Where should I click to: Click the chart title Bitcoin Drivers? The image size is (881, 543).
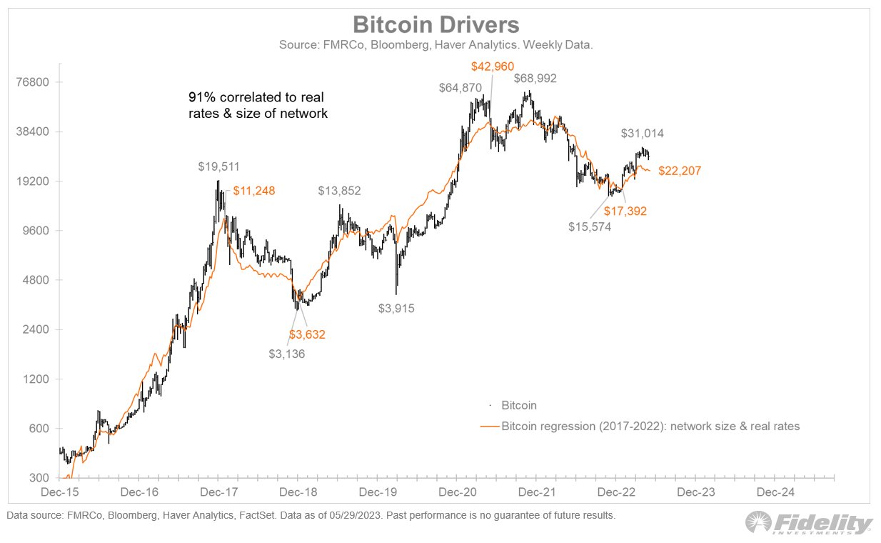(x=436, y=26)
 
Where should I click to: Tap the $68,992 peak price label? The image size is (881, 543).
(x=535, y=79)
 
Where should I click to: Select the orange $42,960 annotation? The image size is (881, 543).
(x=493, y=66)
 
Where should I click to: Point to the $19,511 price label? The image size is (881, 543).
(x=219, y=166)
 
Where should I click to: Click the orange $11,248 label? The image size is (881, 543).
(x=253, y=191)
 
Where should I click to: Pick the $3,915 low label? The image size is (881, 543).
(x=396, y=309)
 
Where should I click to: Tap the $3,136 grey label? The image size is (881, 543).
(x=287, y=353)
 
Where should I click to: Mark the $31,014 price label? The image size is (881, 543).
(x=642, y=134)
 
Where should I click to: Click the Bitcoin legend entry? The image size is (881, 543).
(x=518, y=405)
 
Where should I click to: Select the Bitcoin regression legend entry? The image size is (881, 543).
(x=650, y=427)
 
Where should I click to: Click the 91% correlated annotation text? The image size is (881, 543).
(x=258, y=104)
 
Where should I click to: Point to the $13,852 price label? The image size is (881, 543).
(x=339, y=191)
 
